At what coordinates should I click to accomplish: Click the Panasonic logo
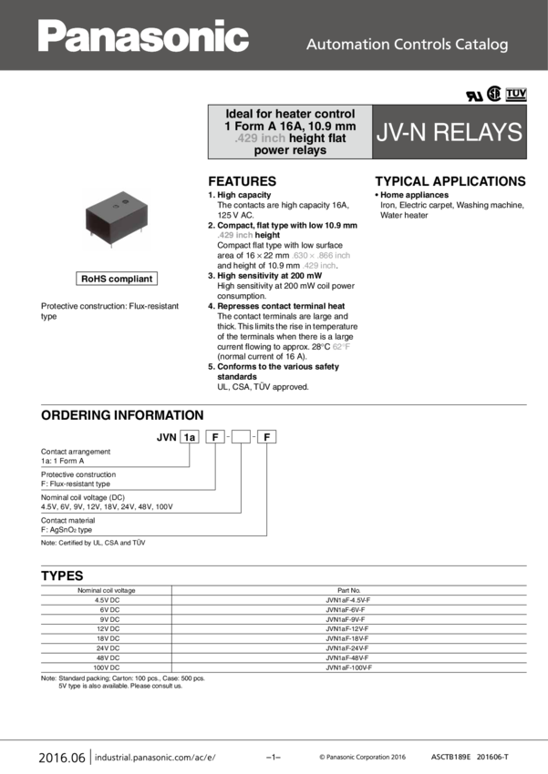(x=143, y=36)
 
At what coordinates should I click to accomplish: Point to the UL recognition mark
(x=474, y=94)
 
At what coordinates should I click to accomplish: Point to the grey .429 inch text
(x=246, y=138)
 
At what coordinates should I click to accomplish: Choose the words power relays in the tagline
(x=290, y=151)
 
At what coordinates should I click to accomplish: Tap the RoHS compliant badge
(x=117, y=279)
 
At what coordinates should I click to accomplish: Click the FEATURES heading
(x=242, y=181)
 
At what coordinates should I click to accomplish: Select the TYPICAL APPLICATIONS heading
(x=450, y=181)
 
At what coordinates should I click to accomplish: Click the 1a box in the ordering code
(x=189, y=437)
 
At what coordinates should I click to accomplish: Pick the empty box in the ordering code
(x=240, y=437)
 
